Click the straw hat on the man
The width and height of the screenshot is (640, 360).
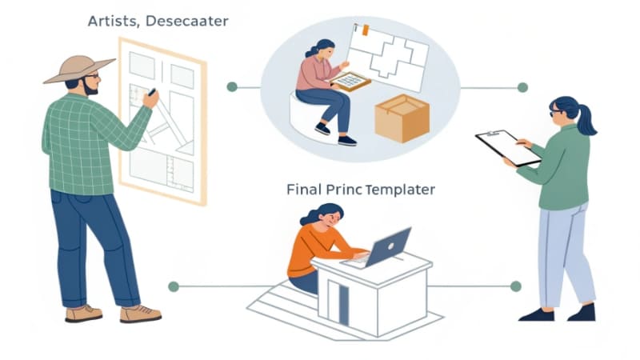[79, 68]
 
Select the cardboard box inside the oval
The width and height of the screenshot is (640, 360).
[402, 118]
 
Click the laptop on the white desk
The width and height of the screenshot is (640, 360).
[390, 246]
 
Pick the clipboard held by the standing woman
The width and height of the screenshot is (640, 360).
[507, 147]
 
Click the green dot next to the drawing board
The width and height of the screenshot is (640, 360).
[232, 86]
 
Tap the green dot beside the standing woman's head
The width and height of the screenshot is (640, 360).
[522, 87]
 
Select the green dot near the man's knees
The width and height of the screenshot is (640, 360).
[173, 286]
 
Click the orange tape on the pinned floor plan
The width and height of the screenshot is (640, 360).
[365, 30]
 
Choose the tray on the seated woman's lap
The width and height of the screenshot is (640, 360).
[350, 81]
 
